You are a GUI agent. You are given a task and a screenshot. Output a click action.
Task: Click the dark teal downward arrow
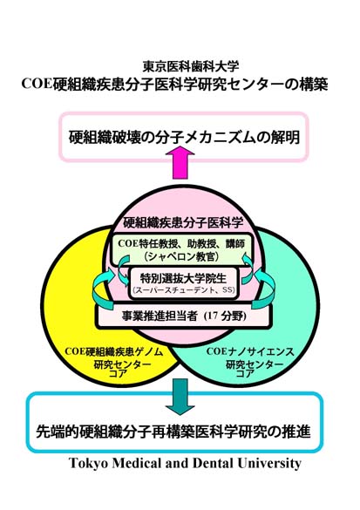point(180,397)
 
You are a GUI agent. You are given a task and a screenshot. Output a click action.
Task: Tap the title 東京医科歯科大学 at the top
point(191,66)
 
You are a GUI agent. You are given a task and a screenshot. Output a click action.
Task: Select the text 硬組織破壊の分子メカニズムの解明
point(184,137)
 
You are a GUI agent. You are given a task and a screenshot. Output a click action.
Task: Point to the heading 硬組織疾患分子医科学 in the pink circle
point(183,223)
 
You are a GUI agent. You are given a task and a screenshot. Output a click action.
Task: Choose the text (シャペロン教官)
point(181,256)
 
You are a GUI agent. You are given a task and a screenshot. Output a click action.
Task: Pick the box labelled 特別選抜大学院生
point(183,282)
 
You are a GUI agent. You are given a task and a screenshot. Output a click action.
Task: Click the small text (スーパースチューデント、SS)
point(183,289)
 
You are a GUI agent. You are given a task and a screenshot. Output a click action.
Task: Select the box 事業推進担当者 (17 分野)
point(183,316)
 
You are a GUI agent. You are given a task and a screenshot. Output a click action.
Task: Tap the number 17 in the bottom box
point(211,316)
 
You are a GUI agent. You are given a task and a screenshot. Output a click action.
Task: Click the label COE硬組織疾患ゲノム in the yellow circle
point(114,352)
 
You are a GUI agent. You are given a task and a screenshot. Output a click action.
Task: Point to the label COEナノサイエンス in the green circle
point(250,351)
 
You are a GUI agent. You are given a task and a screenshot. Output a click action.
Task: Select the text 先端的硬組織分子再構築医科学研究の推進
point(173,432)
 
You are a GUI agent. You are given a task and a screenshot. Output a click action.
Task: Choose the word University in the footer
point(269,463)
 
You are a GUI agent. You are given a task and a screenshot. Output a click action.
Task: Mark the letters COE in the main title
point(36,84)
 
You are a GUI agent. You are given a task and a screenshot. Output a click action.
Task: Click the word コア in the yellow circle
point(118,373)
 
